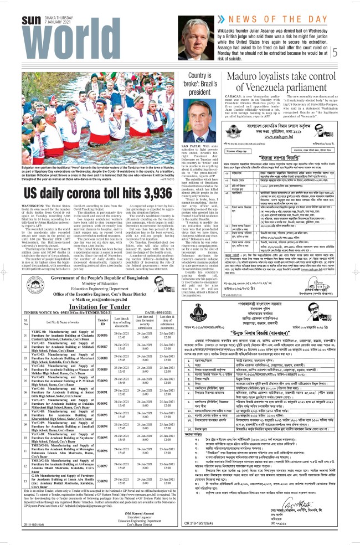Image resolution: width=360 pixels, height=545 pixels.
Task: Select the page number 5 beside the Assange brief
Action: (350, 53)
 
